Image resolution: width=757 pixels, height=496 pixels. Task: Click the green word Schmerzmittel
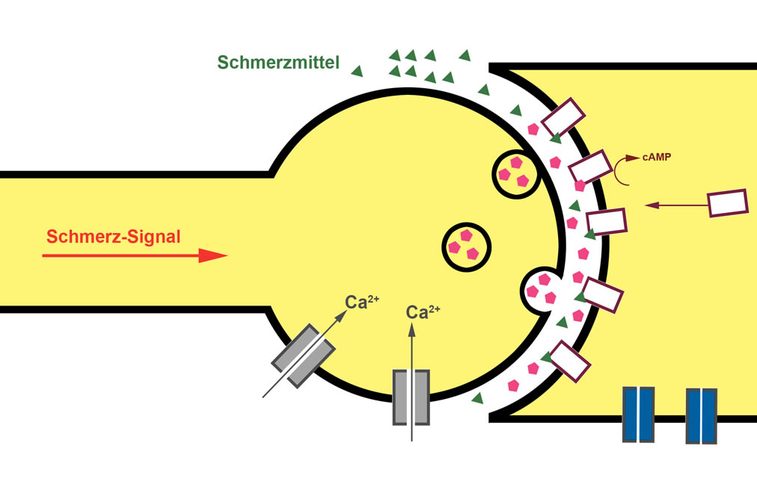coord(278,63)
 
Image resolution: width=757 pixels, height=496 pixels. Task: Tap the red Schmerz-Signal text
coord(114,238)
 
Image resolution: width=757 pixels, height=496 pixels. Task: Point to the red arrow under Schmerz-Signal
coord(135,256)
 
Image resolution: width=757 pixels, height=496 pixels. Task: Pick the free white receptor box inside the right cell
coord(727,203)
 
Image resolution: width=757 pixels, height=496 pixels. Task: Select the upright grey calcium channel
coord(411,397)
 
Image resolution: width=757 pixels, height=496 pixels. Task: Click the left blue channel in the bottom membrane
coord(639,414)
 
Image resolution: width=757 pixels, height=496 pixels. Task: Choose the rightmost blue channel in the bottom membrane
coord(702,415)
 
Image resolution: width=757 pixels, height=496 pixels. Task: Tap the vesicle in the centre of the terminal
coord(466,246)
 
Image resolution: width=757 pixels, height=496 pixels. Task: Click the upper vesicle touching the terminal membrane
coord(515,173)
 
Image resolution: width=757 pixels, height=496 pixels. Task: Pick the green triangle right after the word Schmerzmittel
coord(357,71)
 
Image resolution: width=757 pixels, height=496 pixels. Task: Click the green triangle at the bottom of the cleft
coord(476,398)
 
